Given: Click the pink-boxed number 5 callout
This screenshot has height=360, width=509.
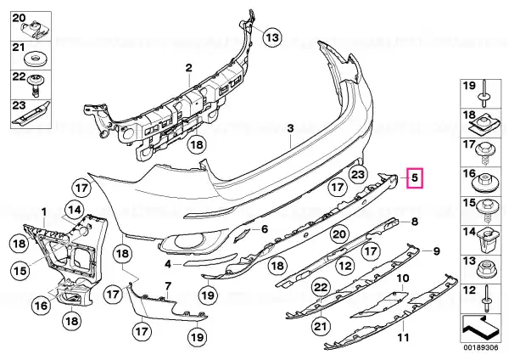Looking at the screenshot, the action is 415,178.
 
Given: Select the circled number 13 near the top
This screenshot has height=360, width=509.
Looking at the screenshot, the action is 272,37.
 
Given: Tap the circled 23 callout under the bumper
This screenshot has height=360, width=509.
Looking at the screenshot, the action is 358,175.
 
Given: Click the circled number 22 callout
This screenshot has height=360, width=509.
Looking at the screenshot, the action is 321,287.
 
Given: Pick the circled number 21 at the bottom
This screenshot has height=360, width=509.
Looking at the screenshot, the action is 320,326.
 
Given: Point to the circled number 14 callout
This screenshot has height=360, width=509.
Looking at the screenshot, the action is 75,210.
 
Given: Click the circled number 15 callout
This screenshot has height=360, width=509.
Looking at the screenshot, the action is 20,270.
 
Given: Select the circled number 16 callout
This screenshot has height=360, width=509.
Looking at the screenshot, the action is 42,305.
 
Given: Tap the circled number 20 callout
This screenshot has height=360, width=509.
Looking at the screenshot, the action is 340,234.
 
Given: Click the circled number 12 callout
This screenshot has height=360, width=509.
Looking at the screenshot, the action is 345,266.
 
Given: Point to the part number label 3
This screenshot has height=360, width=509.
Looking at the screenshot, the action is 290,128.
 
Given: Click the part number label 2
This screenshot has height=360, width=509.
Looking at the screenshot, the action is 188,68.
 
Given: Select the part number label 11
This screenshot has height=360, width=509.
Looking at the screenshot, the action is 403,337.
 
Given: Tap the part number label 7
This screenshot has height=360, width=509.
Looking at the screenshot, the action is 167,286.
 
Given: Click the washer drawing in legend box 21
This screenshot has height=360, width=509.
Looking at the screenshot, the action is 36,59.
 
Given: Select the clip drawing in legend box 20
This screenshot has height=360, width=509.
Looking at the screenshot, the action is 34,29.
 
